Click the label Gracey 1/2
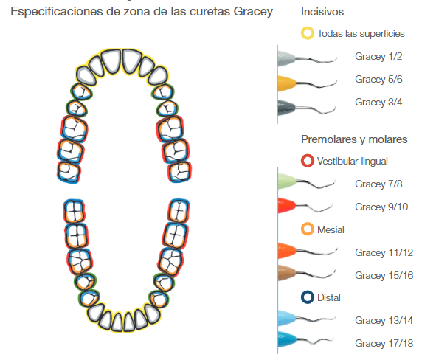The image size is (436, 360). point(378,56)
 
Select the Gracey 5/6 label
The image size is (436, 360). point(378,79)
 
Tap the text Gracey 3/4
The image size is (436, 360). point(378,102)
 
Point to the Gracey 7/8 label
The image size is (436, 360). point(378,184)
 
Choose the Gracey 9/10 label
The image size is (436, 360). point(381,207)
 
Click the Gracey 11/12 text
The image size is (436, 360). point(384,252)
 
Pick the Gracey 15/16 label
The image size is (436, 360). point(384,275)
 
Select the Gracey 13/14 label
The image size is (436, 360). point(384,320)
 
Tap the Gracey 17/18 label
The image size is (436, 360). point(384,343)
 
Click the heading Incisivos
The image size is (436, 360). point(322,12)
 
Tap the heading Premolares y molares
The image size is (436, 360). point(354,139)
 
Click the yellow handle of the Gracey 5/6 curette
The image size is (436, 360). point(287,83)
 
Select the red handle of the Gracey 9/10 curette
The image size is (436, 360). point(287,206)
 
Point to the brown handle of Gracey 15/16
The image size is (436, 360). point(287,273)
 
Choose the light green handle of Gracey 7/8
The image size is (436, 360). point(287,181)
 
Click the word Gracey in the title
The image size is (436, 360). point(253,12)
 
